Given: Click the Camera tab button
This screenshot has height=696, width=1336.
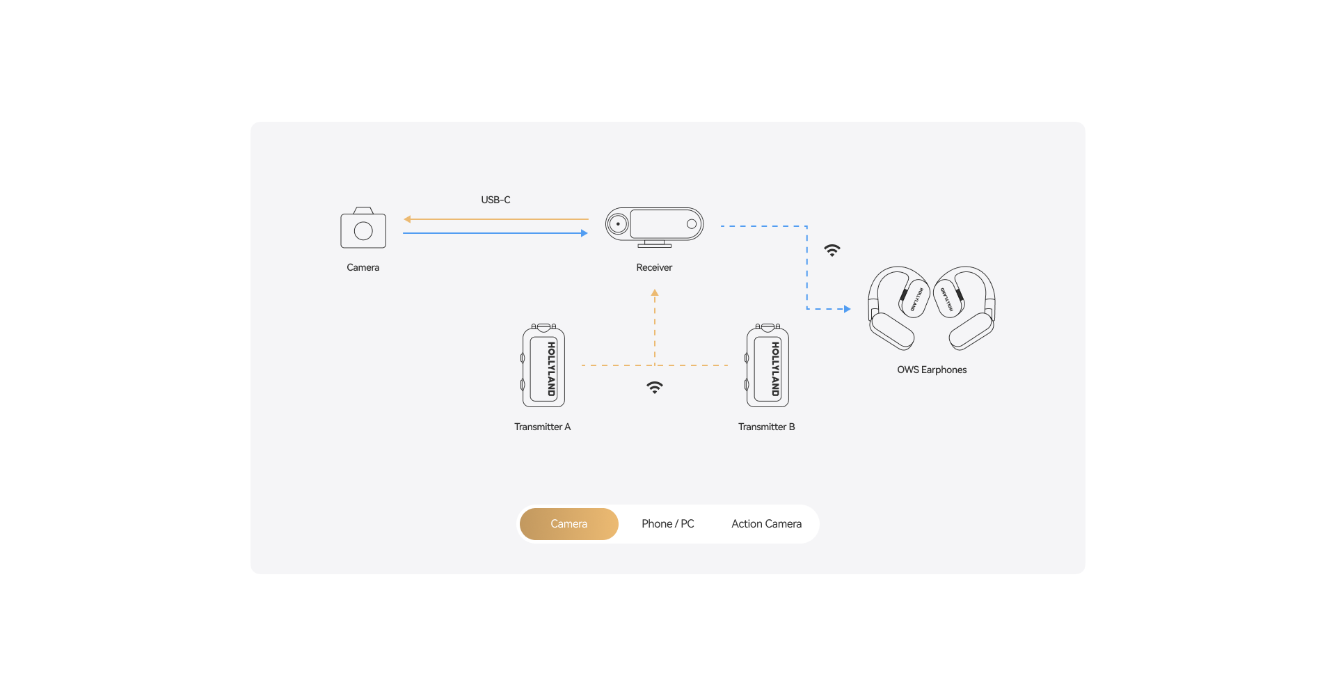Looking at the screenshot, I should tap(568, 524).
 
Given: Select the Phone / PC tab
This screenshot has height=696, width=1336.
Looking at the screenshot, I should tap(667, 524).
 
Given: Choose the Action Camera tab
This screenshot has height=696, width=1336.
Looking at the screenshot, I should tap(766, 524).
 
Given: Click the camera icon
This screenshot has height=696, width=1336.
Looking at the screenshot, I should tap(363, 228).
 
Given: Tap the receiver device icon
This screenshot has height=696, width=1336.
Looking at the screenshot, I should tap(654, 226).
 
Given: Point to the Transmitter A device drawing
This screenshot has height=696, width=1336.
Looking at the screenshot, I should tap(543, 366).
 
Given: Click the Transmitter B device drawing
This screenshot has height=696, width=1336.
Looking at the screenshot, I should tap(768, 366).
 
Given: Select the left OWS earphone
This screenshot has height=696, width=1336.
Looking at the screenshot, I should tap(898, 307).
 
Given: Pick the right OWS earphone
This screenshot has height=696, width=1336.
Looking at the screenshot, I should tap(966, 307).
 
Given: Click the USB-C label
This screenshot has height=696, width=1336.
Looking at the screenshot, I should tap(495, 200).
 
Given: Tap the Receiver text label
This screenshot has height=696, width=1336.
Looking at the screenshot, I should tap(654, 268).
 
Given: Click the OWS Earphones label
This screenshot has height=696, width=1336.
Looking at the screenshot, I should tap(932, 370).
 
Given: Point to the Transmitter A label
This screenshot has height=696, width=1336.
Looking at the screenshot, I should tap(542, 427).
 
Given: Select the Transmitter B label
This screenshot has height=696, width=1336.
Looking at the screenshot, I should tap(766, 427).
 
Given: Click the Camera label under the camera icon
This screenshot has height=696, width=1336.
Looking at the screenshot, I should tap(363, 268).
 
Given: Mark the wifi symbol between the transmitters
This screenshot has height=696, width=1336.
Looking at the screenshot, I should tap(655, 388).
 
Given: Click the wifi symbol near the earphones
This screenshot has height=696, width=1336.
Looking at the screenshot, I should tap(832, 251).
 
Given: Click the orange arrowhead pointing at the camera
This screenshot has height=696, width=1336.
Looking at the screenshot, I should tap(408, 219).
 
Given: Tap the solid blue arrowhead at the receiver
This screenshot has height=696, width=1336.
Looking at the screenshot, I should tap(584, 233).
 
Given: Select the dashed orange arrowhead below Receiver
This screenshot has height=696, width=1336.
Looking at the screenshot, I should tap(655, 294).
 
